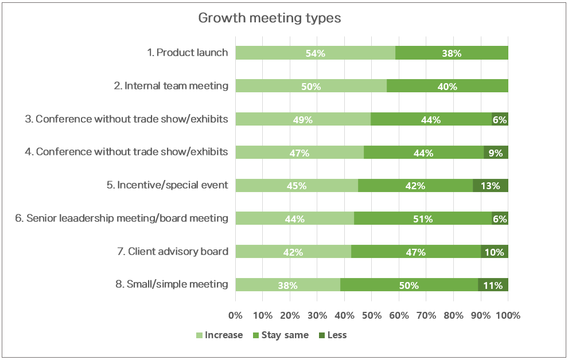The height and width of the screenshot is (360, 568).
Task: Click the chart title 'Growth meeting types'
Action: coord(269,18)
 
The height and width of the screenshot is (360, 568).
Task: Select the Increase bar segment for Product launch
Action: coord(315,53)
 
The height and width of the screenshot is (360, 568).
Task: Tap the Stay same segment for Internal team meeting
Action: coord(448,86)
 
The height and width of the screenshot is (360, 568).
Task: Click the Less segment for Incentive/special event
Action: coord(491,186)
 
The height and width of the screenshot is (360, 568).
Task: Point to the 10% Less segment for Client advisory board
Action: coord(495,252)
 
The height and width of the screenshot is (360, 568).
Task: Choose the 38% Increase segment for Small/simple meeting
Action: coord(287,285)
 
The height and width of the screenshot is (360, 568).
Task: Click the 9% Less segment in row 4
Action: coord(496,152)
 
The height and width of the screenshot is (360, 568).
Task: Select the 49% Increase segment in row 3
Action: coord(303,119)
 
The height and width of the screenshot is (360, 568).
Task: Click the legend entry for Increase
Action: coord(219,335)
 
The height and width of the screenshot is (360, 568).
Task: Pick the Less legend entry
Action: coord(332,335)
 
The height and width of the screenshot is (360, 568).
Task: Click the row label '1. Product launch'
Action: coord(188,53)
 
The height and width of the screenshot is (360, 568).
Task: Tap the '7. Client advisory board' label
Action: coord(178,252)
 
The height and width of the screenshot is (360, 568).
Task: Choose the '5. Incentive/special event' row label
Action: coord(173,186)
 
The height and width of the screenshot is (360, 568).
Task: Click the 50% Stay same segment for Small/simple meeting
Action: coord(409,285)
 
